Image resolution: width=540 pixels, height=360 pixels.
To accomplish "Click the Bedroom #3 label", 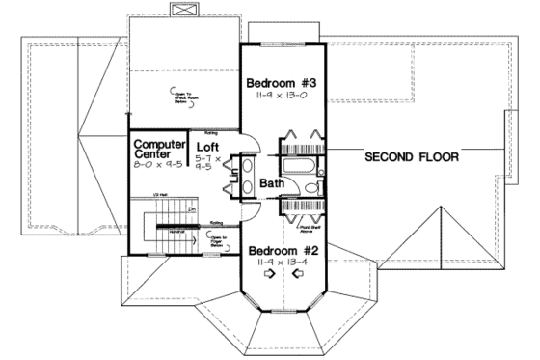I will pyautogui.click(x=284, y=82).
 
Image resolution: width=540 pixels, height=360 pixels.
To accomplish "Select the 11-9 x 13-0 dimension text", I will pyautogui.click(x=284, y=97).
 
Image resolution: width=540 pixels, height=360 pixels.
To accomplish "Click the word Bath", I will pyautogui.click(x=271, y=182).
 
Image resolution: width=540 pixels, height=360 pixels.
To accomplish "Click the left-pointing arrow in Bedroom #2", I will pyautogui.click(x=297, y=273).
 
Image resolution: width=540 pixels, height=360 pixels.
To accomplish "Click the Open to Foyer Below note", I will pyautogui.click(x=218, y=241).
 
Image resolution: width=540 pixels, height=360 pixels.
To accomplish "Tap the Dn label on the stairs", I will pyautogui.click(x=191, y=208).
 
